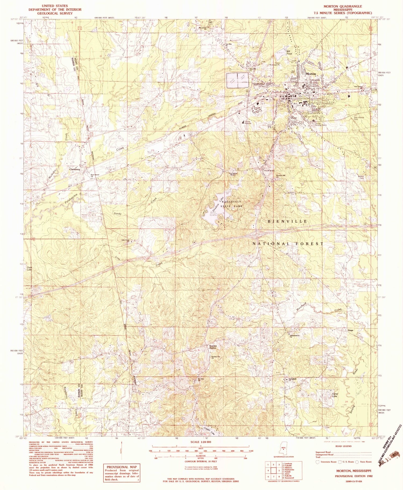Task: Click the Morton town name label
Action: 311,74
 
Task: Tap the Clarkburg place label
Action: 74,170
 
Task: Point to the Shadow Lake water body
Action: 214,214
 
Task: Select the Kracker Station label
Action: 213,347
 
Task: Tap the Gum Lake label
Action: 29,269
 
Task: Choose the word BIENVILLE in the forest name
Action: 287,221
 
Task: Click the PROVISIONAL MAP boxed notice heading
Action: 122,467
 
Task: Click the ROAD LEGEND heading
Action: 343,446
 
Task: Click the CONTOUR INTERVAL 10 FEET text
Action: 200,461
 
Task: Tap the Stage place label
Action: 350,330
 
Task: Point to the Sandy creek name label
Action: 118,213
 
